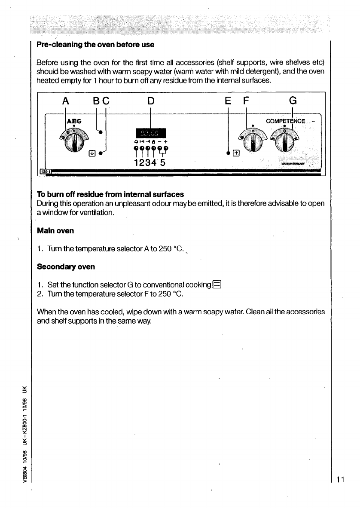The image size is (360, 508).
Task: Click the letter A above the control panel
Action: click(x=65, y=101)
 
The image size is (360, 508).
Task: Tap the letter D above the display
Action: click(x=150, y=101)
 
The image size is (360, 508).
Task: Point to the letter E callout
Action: click(x=228, y=101)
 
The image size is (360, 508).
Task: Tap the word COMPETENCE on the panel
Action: click(x=286, y=122)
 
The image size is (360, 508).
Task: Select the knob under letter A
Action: click(x=76, y=142)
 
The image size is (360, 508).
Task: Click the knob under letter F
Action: click(x=254, y=142)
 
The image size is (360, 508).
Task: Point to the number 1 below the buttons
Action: click(x=137, y=163)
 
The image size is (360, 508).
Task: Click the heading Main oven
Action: click(x=55, y=231)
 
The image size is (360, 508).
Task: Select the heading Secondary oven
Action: click(x=66, y=266)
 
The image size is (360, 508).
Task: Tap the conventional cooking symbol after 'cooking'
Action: click(x=218, y=285)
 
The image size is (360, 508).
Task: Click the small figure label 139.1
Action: click(x=45, y=172)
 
